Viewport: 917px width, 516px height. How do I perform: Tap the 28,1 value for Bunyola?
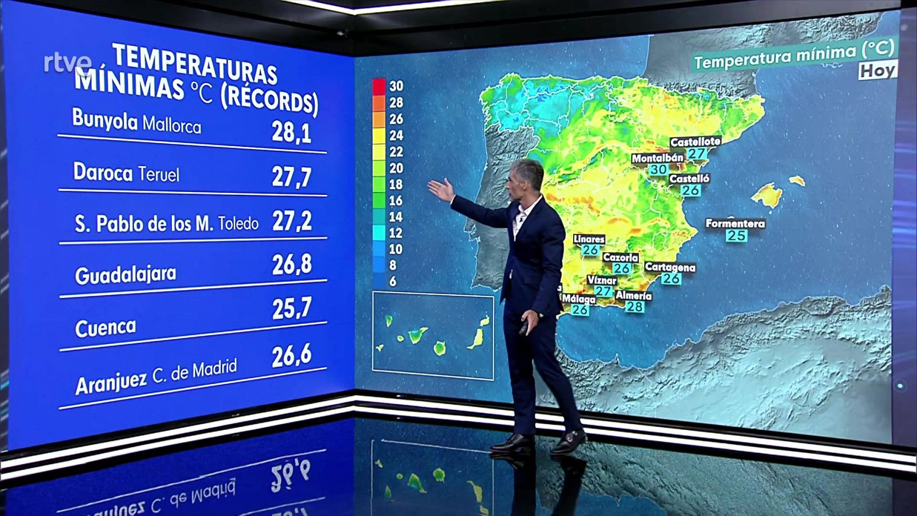click(291, 132)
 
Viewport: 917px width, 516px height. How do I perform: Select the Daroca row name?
click(103, 172)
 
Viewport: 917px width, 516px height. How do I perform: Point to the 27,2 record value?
click(292, 221)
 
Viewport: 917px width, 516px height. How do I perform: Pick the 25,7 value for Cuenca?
click(292, 309)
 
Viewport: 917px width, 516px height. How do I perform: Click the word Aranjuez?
click(111, 381)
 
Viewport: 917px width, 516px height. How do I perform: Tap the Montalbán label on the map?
click(657, 158)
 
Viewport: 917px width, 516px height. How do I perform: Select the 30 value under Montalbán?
click(658, 169)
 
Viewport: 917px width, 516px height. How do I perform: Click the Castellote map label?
click(695, 141)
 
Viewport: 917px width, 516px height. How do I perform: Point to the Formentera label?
click(735, 223)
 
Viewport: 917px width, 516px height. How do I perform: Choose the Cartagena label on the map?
click(670, 267)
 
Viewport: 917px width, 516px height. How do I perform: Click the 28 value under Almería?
click(634, 307)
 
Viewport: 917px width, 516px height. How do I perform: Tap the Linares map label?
click(589, 239)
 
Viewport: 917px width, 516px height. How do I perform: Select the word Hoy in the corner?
click(877, 71)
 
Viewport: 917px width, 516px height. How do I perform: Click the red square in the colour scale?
click(379, 86)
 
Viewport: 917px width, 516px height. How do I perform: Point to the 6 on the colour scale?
click(393, 282)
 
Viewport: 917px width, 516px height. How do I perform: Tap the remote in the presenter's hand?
click(524, 329)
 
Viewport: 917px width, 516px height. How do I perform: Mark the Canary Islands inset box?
click(433, 336)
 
